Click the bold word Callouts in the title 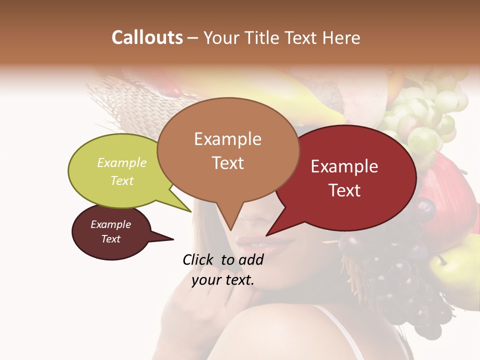tap(147, 37)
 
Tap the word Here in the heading tap(342, 37)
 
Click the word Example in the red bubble tap(344, 166)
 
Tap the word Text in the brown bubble tap(228, 163)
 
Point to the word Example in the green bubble tap(122, 162)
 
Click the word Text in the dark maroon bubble tap(111, 239)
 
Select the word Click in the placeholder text tap(199, 259)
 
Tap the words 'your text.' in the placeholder tap(223, 280)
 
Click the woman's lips tap(262, 243)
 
